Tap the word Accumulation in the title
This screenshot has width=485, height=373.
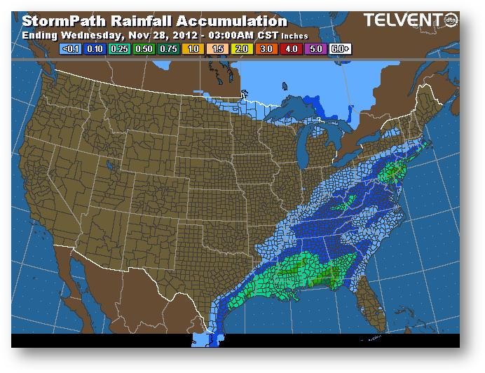(228, 22)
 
